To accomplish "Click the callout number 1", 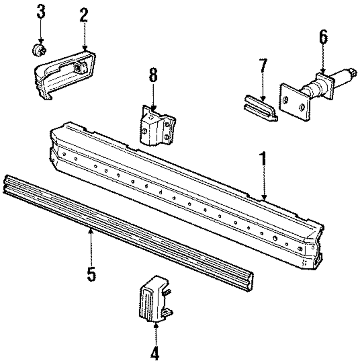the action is pos(264,159).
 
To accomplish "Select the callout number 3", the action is pos(41,13).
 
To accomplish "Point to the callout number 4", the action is pos(155,353).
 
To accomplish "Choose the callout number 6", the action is pos(323,37).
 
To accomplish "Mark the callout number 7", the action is pos(263,66).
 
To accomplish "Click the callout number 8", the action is pos(153,76).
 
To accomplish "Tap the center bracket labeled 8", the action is pos(157,126).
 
